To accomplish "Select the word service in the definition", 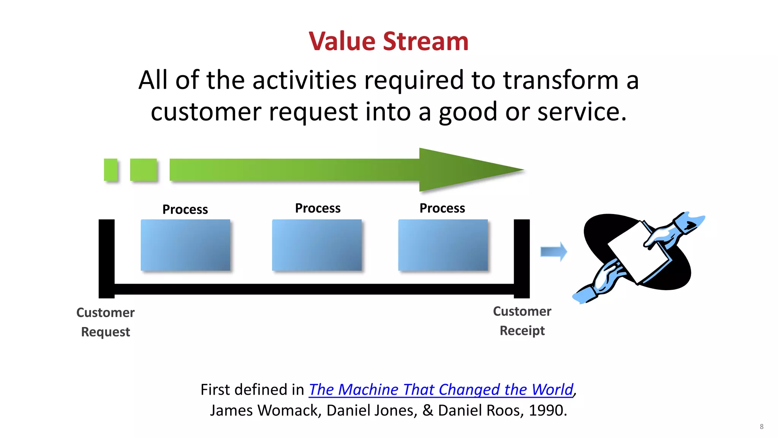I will coord(581,112).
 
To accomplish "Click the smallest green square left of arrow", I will coord(111,170).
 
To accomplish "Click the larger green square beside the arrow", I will coord(143,170).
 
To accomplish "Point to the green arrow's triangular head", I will coord(463,170).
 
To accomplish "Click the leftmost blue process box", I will coord(185,245).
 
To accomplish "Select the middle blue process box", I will coord(317,245).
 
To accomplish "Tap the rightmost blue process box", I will coord(443,245).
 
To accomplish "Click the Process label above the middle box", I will coord(318,208).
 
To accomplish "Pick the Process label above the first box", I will coord(185,209).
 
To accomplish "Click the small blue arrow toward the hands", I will coord(553,252).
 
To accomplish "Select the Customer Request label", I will coord(105,322).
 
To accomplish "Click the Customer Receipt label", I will coord(522,321).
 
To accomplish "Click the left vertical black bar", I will coord(106,259).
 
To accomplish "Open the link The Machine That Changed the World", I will coord(441,390).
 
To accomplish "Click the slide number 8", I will coord(761,427).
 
